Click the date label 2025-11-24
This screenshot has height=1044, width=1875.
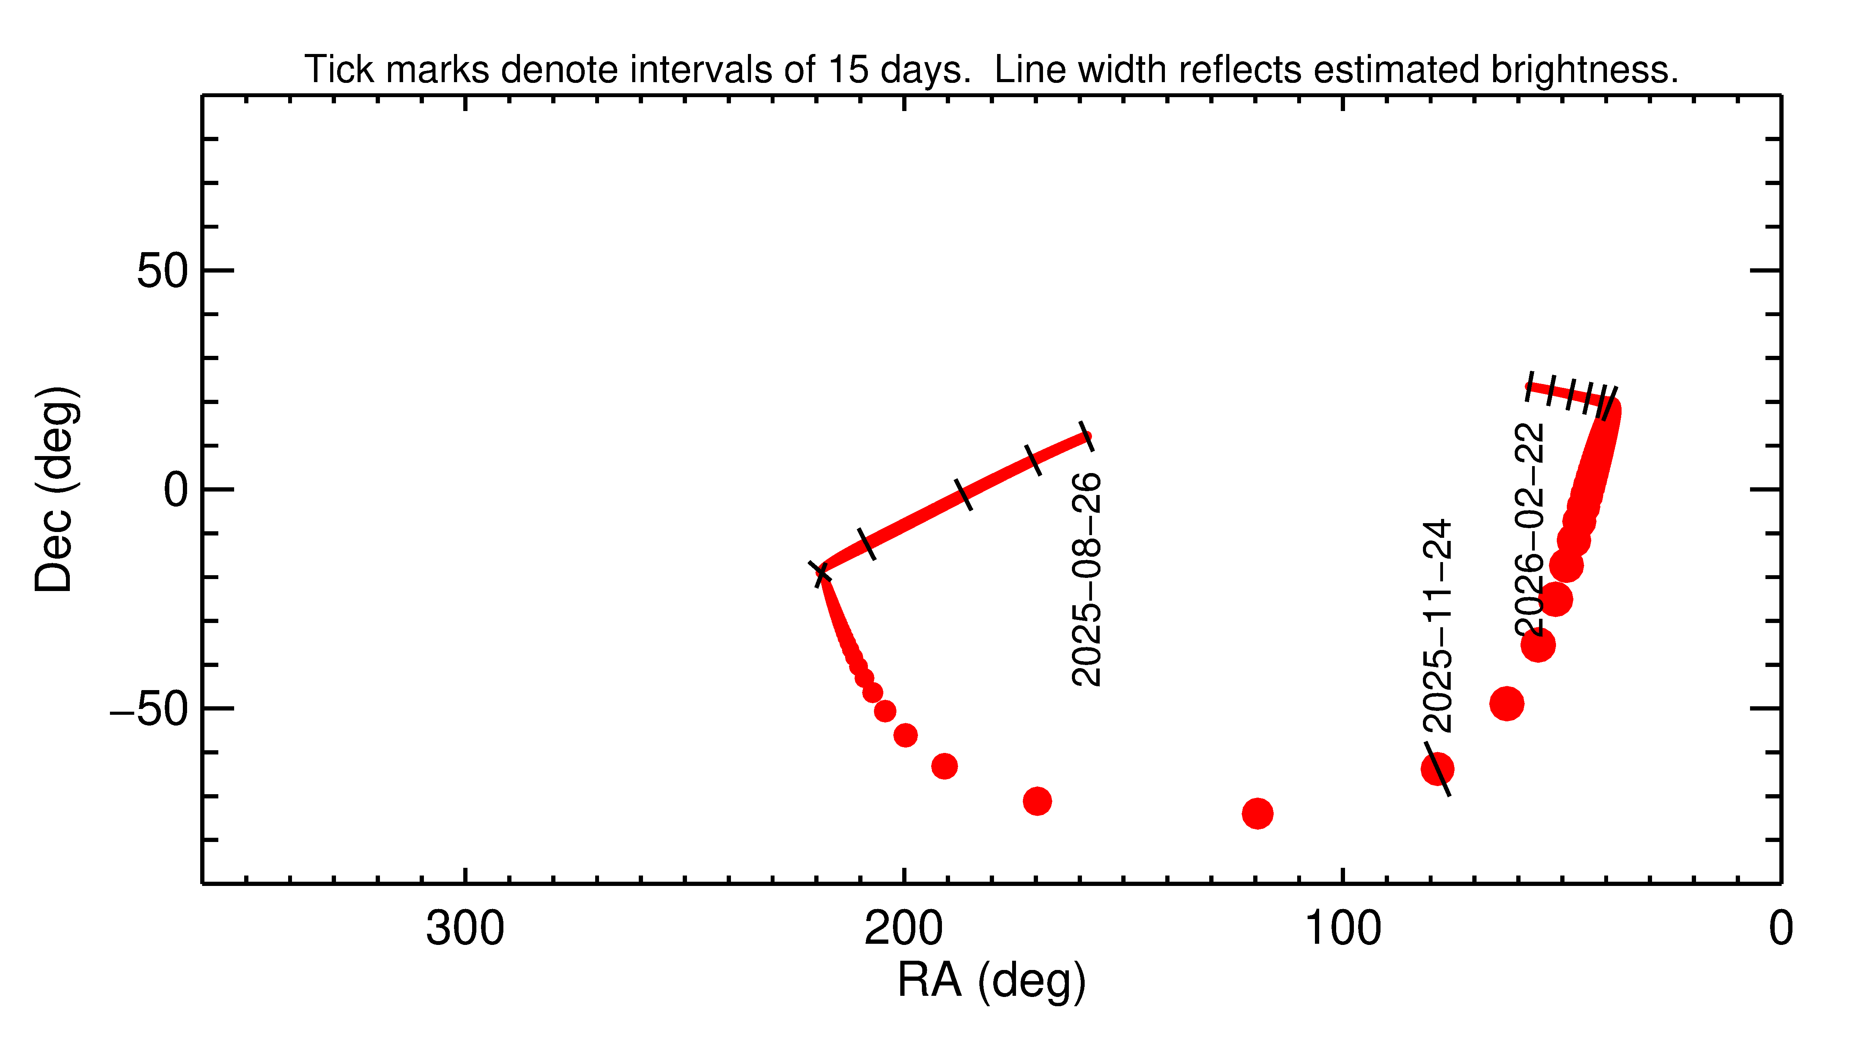click(x=1438, y=626)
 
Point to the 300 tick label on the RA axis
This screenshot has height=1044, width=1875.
click(x=465, y=929)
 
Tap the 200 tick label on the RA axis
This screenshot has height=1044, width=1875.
click(x=903, y=929)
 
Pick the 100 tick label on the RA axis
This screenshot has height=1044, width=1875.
click(x=1342, y=929)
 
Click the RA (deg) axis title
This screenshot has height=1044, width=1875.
click(x=991, y=981)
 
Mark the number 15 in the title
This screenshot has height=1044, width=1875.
click(x=849, y=70)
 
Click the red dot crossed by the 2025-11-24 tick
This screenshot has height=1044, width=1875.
click(x=1437, y=769)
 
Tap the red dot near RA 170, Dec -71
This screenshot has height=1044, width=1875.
click(x=1037, y=801)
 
